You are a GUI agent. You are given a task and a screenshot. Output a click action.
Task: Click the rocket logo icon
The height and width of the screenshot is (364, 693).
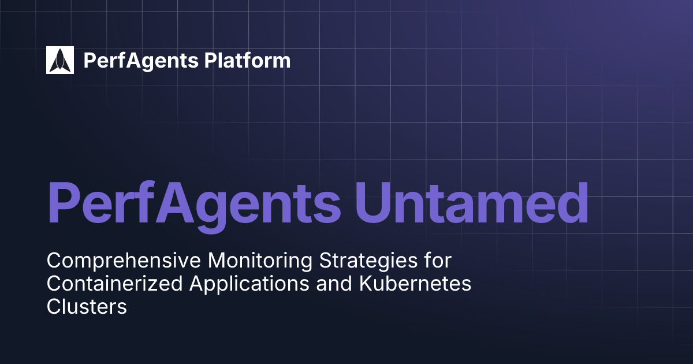tap(60, 60)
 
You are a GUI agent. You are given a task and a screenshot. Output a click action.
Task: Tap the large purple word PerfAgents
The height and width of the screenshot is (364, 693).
tap(193, 202)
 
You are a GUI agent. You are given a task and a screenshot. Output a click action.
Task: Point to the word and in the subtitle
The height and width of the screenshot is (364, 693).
tap(330, 284)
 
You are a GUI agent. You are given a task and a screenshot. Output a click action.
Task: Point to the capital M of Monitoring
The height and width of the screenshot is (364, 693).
tap(217, 261)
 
